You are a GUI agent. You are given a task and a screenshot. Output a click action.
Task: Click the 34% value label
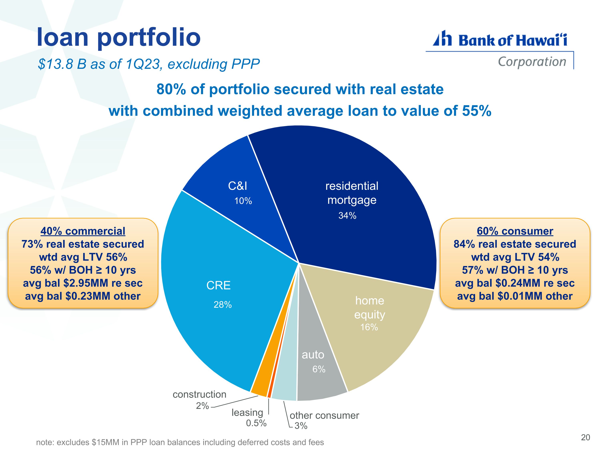[347, 216]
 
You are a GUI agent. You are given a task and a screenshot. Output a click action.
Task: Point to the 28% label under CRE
[223, 305]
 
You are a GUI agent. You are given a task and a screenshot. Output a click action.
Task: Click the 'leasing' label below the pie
[247, 413]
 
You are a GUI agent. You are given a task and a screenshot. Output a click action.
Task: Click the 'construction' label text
[199, 394]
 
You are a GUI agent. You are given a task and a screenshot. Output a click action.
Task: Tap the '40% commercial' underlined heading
[83, 231]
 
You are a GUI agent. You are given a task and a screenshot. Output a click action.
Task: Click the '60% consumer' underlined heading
[515, 231]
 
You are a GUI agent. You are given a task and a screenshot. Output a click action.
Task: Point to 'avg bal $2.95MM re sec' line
[83, 283]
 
